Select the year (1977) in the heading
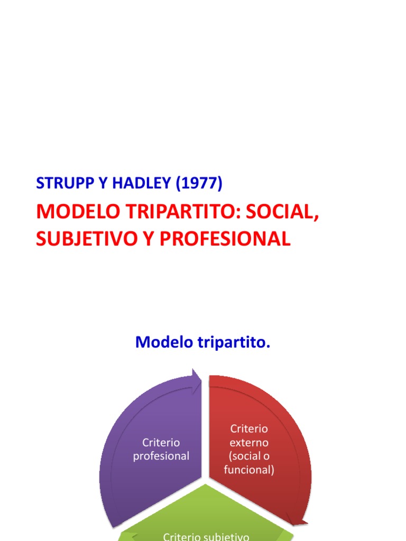click(199, 183)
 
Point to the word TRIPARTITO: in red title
click(181, 212)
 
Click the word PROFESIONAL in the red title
click(225, 239)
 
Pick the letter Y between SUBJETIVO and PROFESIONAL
click(147, 239)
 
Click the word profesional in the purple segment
click(161, 456)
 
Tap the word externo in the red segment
click(249, 442)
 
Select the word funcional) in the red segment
click(249, 470)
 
